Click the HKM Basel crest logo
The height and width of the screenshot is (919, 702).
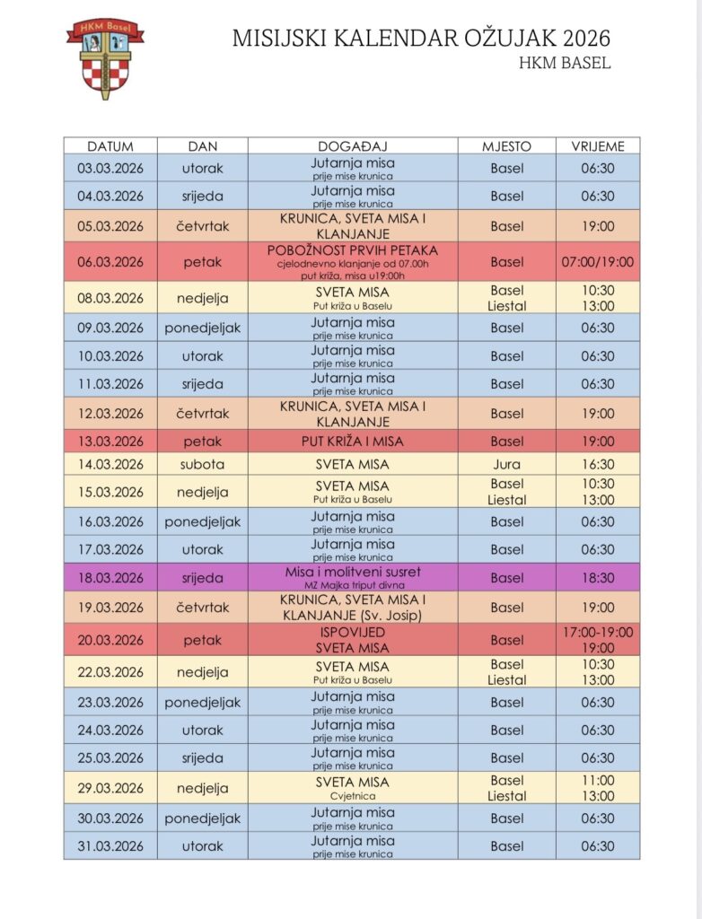[x=104, y=58]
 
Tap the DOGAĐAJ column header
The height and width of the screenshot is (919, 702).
[x=352, y=146]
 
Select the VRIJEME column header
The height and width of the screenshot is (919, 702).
[x=597, y=146]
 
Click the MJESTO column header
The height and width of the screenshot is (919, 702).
[x=506, y=146]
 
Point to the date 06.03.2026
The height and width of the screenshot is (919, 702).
[x=110, y=262]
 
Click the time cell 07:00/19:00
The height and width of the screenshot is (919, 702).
[x=597, y=262]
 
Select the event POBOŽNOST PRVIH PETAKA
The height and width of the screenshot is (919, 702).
[x=352, y=250]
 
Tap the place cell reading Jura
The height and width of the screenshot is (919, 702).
[x=506, y=465]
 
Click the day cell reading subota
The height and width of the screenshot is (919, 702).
[x=202, y=465]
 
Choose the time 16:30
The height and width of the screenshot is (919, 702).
[x=597, y=465]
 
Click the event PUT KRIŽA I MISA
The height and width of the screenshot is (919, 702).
[x=352, y=442]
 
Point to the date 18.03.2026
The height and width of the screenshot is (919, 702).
[x=110, y=578]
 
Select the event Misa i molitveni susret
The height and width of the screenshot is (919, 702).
[x=352, y=572]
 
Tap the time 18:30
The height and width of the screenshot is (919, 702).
[x=597, y=578]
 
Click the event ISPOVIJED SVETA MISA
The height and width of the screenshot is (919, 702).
[x=352, y=640]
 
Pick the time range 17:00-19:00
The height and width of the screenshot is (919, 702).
[x=597, y=632]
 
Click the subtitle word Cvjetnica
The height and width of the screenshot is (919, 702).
[x=352, y=796]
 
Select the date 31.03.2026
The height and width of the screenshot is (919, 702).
[x=110, y=846]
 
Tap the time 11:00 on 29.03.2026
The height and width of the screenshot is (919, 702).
[x=597, y=781]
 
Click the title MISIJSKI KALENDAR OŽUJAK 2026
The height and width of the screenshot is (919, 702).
[x=421, y=39]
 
